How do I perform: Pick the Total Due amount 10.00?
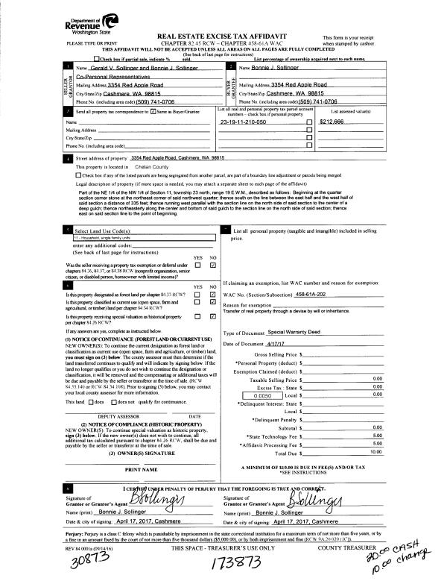point(375,452)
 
